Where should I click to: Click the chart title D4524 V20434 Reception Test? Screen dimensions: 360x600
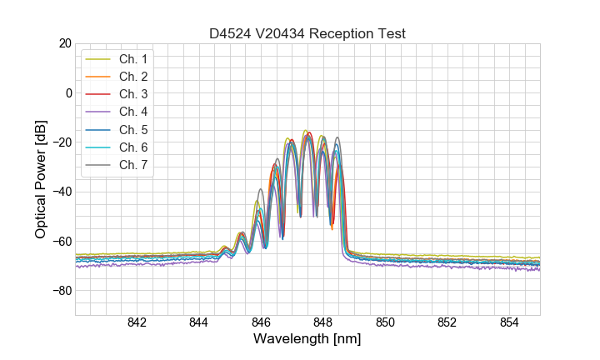pos(307,34)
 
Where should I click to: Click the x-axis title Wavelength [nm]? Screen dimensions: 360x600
pos(307,341)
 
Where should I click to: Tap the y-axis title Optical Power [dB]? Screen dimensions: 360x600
pos(40,178)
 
